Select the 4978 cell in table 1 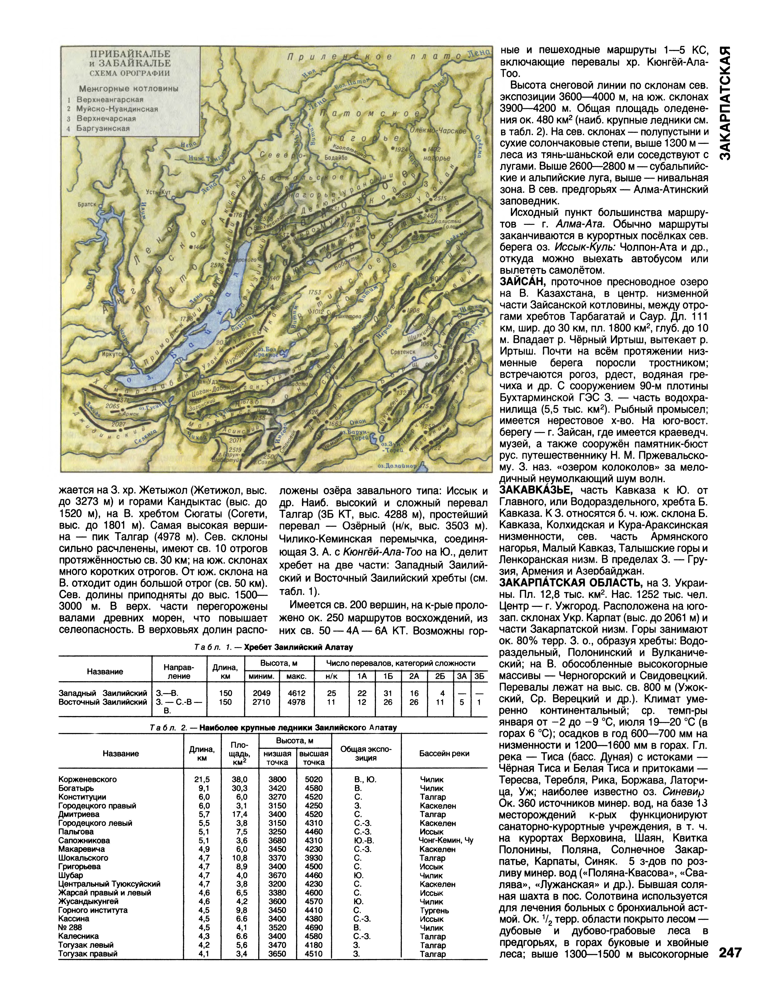pyautogui.click(x=296, y=702)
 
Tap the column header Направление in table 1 pyautogui.click(x=179, y=672)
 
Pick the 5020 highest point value pyautogui.click(x=314, y=779)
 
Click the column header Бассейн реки pyautogui.click(x=444, y=753)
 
